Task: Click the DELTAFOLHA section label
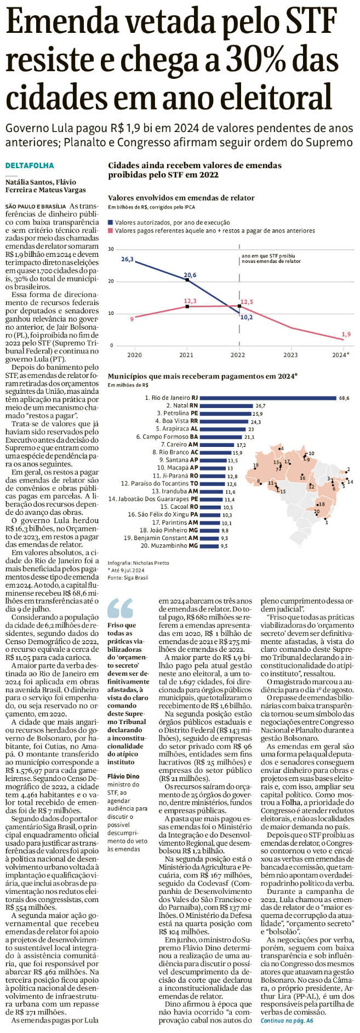30,165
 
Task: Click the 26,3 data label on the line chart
127,259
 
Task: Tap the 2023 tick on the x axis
291,354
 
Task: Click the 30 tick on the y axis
111,249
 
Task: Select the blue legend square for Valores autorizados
111,223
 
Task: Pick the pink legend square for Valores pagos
111,231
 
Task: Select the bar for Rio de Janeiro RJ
268,398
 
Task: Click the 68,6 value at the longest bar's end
344,398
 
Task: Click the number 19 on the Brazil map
255,466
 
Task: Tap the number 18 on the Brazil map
322,504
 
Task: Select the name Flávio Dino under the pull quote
123,776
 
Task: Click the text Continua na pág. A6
287,1021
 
